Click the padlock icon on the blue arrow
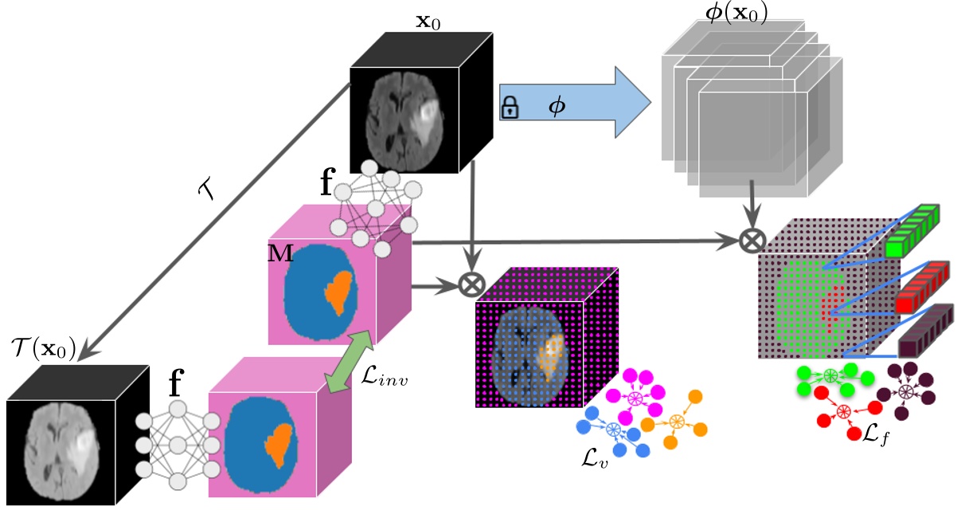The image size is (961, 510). coord(510,108)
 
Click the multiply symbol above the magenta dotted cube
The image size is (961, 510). coord(474,283)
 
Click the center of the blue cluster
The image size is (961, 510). coord(612,430)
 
